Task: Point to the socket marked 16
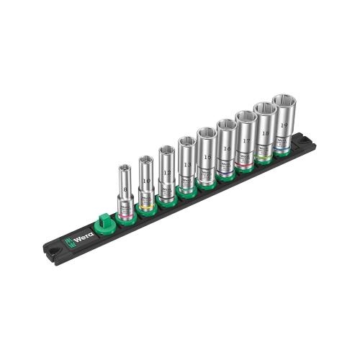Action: click(x=226, y=148)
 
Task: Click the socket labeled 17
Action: click(x=246, y=139)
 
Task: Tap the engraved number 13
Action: click(x=187, y=164)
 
